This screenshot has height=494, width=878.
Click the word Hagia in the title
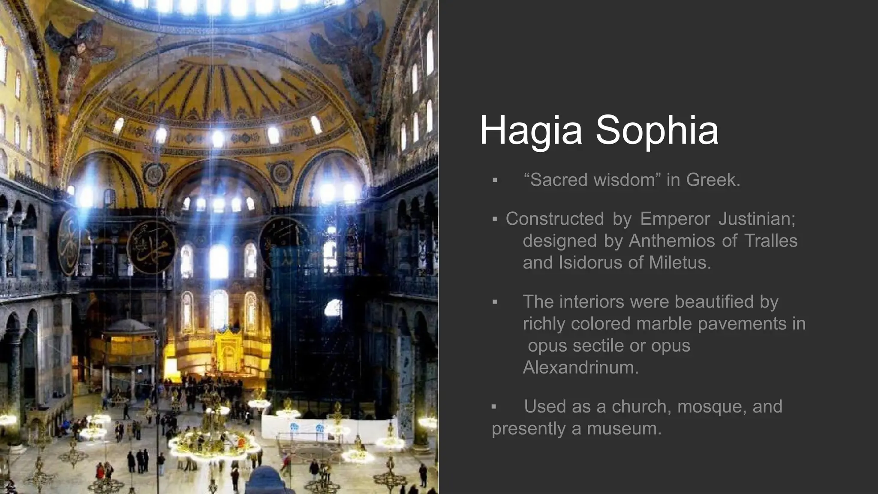pos(531,130)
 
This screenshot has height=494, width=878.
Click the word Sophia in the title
pos(657,130)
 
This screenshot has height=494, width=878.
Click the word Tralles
pos(770,241)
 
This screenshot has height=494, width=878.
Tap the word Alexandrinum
pos(580,367)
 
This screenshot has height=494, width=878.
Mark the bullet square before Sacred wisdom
pos(495,180)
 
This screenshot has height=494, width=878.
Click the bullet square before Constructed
pos(495,220)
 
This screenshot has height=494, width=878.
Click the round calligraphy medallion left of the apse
pos(151,248)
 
